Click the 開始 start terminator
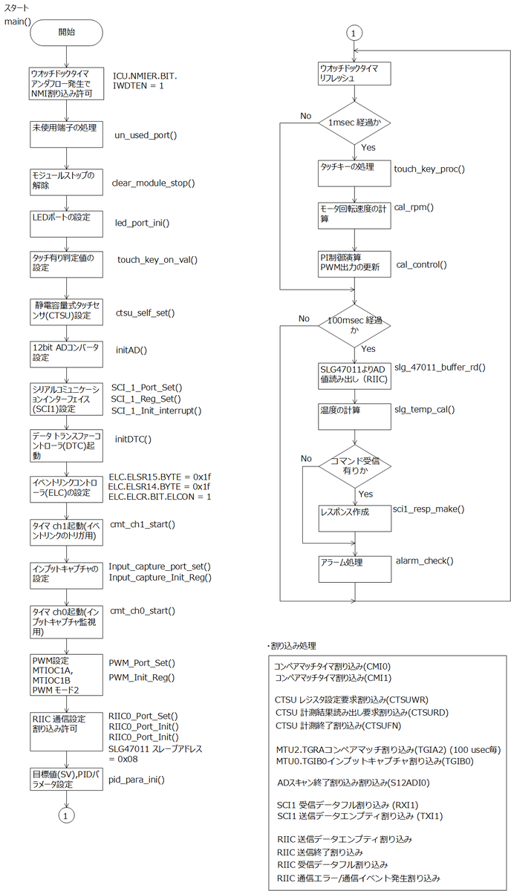(66, 32)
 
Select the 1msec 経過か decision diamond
(354, 123)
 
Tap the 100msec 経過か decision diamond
(354, 326)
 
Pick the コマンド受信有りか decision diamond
(355, 466)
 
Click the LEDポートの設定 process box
(66, 223)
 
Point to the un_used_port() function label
(146, 135)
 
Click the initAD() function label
(131, 350)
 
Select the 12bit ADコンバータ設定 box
(66, 354)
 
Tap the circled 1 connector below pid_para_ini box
(66, 816)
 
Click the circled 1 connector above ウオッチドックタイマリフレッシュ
(354, 33)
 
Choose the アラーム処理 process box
(355, 569)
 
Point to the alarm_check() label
(425, 561)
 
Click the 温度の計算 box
(354, 417)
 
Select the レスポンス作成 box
(355, 518)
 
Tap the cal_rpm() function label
(414, 207)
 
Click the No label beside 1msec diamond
(306, 116)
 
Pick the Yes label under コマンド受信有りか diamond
(365, 494)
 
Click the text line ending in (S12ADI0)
(354, 783)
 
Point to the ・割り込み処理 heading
(292, 646)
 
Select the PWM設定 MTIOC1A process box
(66, 675)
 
